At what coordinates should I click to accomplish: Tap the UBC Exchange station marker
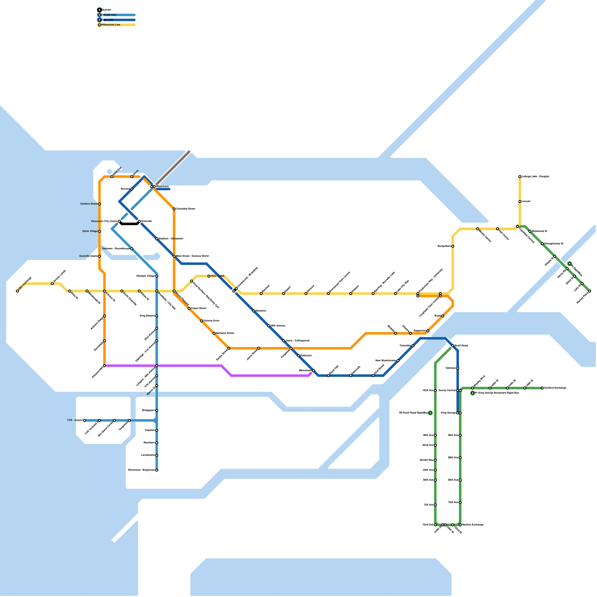(x=18, y=291)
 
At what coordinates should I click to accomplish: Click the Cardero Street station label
(x=89, y=204)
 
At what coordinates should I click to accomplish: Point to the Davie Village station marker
(x=100, y=231)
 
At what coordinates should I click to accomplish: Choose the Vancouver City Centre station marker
(x=119, y=222)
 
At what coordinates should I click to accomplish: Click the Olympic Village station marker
(x=157, y=276)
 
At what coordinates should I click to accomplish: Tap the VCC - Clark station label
(x=218, y=276)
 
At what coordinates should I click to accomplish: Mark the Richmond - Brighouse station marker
(x=157, y=470)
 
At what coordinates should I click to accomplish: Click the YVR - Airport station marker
(x=85, y=421)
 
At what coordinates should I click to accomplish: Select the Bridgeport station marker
(x=157, y=410)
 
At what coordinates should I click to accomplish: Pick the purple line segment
(x=187, y=366)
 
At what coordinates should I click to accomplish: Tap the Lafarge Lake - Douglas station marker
(x=520, y=176)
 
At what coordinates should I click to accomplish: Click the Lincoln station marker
(x=520, y=201)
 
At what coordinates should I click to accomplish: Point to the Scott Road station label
(x=462, y=346)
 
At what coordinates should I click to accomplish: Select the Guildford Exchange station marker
(x=543, y=388)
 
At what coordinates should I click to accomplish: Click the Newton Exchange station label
(x=473, y=525)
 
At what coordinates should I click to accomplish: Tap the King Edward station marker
(x=157, y=316)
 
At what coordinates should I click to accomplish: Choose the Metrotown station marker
(x=313, y=371)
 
